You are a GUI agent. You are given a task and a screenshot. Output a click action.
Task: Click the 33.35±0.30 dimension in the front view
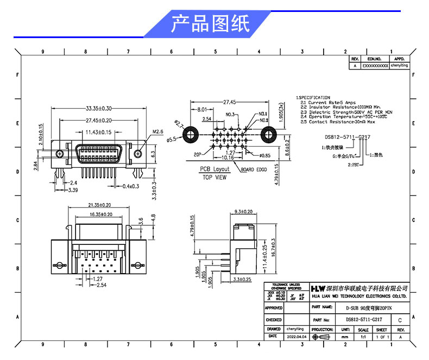pyautogui.click(x=98, y=108)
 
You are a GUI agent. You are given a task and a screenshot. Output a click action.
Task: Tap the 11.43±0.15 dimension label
pyautogui.click(x=98, y=132)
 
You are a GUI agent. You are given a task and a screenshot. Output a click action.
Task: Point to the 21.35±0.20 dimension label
pyautogui.click(x=99, y=205)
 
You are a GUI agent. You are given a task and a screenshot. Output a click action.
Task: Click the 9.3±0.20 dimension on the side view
pyautogui.click(x=243, y=211)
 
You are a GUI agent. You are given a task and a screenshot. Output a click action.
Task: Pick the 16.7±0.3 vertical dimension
pyautogui.click(x=273, y=247)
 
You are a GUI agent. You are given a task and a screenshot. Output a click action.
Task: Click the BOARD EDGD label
pyautogui.click(x=254, y=169)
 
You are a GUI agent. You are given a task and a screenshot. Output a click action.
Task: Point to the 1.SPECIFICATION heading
pyautogui.click(x=313, y=98)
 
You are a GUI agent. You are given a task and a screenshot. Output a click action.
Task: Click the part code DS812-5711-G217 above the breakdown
pyautogui.click(x=347, y=138)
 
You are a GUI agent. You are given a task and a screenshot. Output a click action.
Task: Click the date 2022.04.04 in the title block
pyautogui.click(x=296, y=337)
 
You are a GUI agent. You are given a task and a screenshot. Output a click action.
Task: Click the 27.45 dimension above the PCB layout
pyautogui.click(x=229, y=102)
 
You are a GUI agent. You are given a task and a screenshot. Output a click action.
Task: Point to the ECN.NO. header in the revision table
pyautogui.click(x=375, y=58)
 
